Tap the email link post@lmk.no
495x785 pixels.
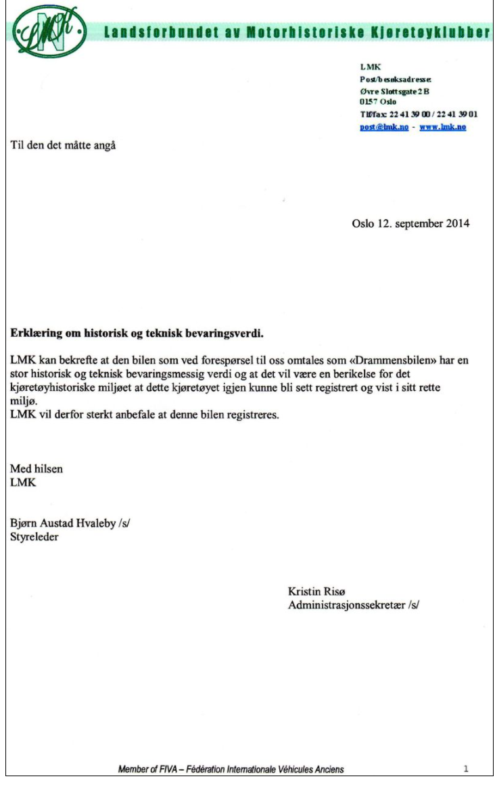coord(383,126)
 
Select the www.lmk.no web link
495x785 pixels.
coord(443,126)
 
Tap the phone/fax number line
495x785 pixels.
coord(420,114)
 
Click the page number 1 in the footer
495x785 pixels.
coord(466,769)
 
